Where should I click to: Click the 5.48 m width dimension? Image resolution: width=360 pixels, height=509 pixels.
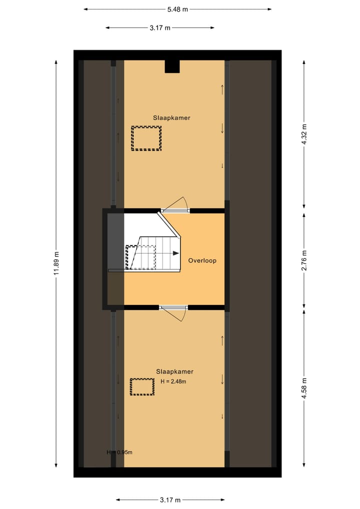coord(177,9)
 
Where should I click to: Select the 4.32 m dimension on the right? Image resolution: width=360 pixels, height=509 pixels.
coord(303,134)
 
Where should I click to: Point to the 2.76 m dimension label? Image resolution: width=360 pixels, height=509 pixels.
coord(303,260)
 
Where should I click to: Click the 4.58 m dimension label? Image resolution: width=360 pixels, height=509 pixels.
coord(303,387)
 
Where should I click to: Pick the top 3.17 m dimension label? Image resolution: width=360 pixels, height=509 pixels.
coord(159,28)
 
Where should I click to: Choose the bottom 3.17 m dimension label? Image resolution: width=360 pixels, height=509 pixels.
coord(170,499)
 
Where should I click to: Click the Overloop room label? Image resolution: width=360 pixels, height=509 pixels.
coord(202,260)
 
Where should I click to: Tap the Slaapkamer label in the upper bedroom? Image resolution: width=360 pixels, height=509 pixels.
coord(171,118)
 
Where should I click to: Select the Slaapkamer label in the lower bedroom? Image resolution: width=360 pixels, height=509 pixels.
coord(174,371)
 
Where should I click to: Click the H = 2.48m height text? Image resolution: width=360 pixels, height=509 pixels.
coord(173,381)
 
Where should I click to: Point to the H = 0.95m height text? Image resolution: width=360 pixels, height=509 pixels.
coord(119,452)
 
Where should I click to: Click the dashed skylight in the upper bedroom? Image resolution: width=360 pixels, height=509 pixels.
coord(146,138)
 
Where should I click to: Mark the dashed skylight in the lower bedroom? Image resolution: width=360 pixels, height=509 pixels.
coord(142,387)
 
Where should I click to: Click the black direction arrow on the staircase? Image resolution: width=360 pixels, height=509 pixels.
coord(175,253)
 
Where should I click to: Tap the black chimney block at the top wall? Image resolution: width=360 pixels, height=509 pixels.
coord(172,66)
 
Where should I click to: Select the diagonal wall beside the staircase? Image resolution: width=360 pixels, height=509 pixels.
coord(169,225)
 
